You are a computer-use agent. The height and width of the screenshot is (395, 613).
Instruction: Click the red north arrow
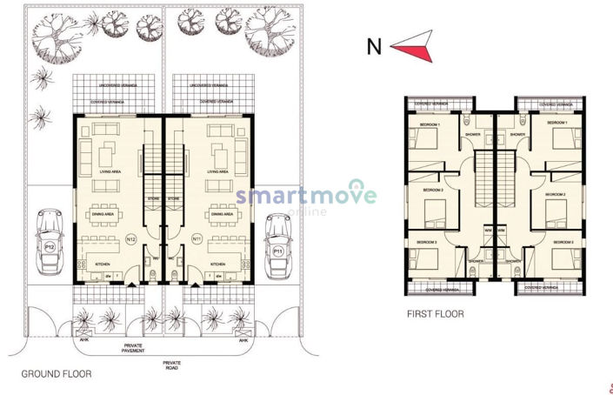pyautogui.click(x=411, y=45)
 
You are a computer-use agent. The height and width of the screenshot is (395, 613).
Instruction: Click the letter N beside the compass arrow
pyautogui.click(x=374, y=47)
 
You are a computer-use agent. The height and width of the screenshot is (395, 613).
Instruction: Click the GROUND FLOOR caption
pyautogui.click(x=56, y=375)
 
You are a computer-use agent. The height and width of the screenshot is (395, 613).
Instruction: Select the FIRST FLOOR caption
pyautogui.click(x=436, y=313)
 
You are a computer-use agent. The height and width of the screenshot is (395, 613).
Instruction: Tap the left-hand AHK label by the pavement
pyautogui.click(x=84, y=341)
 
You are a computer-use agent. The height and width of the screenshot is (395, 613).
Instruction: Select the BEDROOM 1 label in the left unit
pyautogui.click(x=430, y=125)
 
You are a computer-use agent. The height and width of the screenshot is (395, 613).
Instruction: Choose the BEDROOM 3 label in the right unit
pyautogui.click(x=560, y=242)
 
